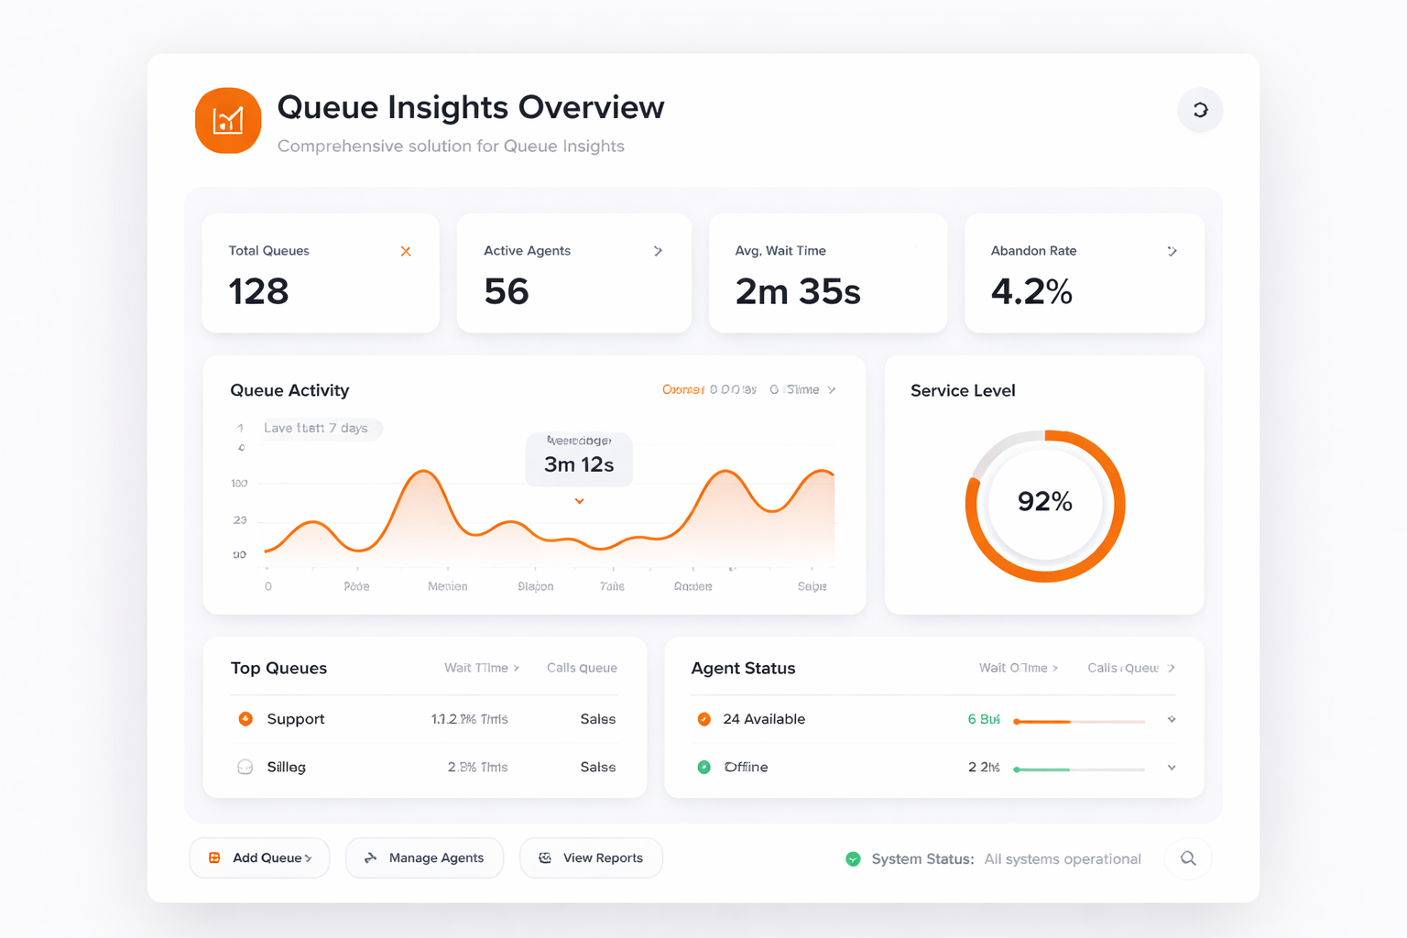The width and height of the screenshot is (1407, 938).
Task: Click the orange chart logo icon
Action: pos(228,120)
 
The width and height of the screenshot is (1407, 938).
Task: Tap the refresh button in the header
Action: pos(1200,110)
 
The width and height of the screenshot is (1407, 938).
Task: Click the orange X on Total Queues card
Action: pos(406,251)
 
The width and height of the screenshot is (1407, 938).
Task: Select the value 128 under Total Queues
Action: pos(259,291)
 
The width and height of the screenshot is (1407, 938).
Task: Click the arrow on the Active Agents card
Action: pos(658,251)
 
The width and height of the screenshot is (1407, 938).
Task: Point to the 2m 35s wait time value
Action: pos(798,291)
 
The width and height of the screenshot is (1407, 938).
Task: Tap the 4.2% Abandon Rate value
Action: pos(1031,291)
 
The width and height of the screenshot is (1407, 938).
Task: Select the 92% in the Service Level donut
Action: pos(1045,501)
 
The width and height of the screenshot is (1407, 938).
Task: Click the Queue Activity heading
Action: pos(289,390)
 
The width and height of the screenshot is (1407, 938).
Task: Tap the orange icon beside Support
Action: pos(245,719)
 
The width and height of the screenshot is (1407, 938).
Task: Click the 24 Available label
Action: pos(764,719)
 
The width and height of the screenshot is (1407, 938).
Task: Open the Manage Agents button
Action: pos(424,858)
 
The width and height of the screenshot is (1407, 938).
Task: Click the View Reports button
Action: pos(591,858)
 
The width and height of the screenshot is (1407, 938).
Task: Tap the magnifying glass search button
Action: pos(1188,858)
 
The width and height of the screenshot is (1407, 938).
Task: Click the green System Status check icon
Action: pos(853,858)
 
